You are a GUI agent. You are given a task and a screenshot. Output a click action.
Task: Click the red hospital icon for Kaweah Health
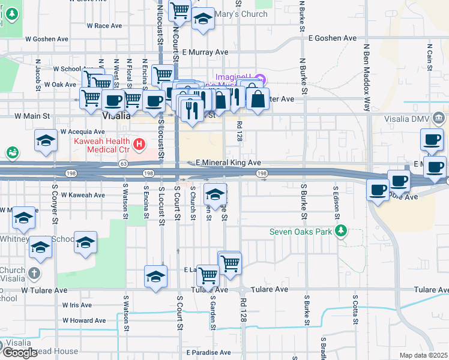[139, 144]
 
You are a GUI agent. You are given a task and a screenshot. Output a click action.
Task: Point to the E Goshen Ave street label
[333, 38]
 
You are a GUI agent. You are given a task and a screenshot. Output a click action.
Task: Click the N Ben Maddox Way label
[366, 78]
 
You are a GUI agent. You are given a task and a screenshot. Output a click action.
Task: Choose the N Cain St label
[430, 57]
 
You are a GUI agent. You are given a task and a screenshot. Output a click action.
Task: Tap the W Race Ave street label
[104, 26]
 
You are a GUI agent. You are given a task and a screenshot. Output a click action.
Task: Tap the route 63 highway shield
[123, 163]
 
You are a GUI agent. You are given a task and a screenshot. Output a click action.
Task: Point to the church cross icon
[34, 274]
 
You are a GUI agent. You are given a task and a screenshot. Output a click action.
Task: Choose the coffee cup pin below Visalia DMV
[431, 140]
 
